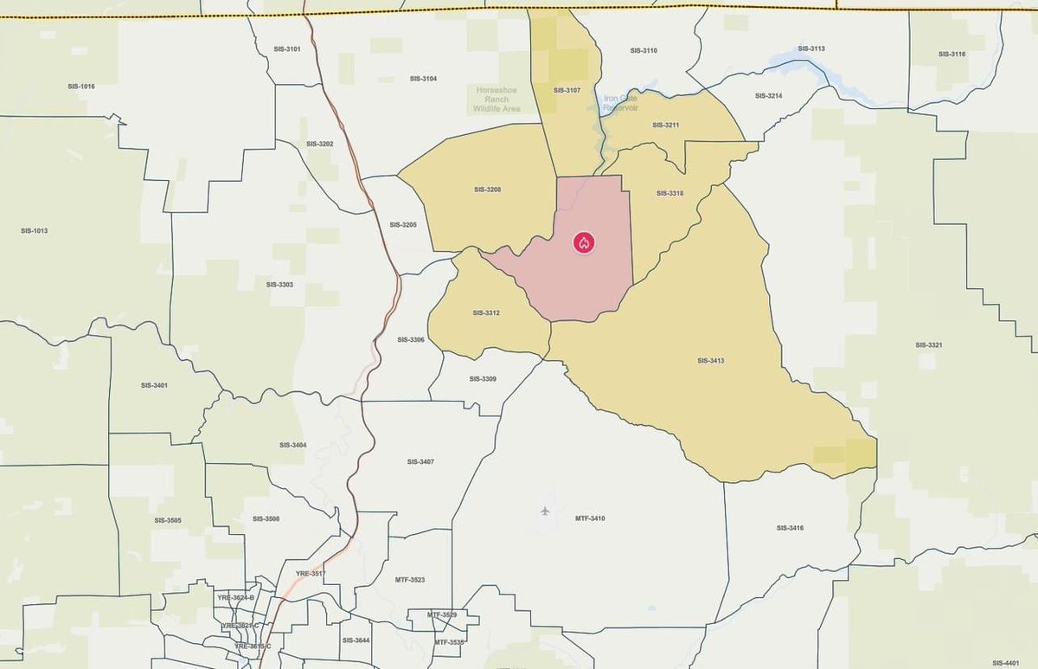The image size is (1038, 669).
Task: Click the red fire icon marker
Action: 584,242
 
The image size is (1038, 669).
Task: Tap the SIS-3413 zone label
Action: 710,360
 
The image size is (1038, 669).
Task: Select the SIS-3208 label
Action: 488,189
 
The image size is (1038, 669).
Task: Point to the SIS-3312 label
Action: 486,312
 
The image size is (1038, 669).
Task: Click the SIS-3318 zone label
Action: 670,193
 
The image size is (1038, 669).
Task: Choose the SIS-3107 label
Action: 567,90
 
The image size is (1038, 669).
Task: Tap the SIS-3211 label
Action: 666,125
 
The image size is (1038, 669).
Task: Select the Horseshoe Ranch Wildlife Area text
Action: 497,100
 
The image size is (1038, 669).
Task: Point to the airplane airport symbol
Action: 545,511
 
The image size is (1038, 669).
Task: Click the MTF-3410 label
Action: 590,518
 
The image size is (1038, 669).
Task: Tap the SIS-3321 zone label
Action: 928,344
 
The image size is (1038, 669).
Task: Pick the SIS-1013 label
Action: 34,231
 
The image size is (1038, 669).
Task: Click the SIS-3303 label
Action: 279,284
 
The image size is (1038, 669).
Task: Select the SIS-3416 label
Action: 790,527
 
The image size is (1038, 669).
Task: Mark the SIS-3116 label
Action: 951,54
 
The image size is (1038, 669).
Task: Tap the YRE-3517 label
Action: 310,574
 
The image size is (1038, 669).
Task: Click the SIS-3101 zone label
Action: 287,48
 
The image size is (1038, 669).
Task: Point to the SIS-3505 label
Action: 168,520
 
